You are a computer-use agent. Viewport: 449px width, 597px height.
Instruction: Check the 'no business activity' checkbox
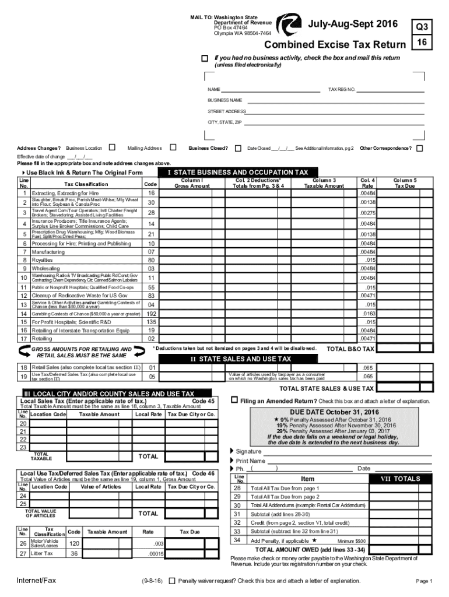tap(204, 58)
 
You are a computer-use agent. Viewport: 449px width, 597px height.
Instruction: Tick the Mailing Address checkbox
tap(172, 148)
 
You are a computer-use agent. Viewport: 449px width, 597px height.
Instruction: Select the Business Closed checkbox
tap(238, 148)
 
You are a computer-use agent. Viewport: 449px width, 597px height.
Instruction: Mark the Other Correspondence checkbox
tap(419, 148)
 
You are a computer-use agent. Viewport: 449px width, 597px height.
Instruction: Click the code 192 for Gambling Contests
tap(151, 313)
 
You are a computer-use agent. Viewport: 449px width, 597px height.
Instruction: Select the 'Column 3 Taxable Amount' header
tap(324, 183)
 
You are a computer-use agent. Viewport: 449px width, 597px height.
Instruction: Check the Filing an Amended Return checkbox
tap(234, 400)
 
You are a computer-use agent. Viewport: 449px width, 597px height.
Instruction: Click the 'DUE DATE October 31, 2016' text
tap(331, 412)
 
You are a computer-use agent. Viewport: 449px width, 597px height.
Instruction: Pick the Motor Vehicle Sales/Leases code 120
tap(74, 543)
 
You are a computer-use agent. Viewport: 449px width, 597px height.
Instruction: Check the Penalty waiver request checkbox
tap(173, 581)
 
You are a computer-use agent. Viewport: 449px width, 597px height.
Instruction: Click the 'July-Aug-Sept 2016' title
tap(353, 24)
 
